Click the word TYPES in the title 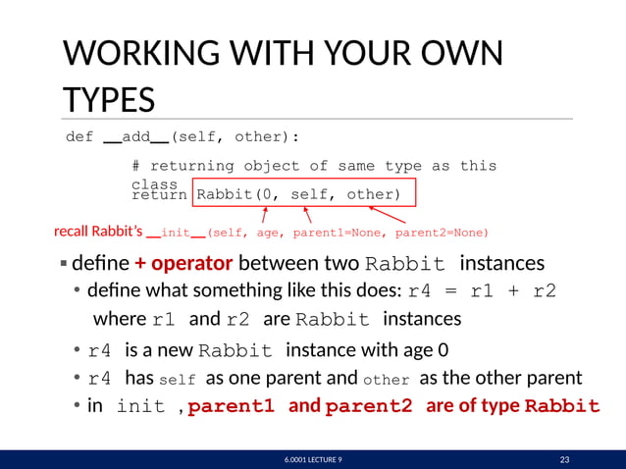pyautogui.click(x=108, y=100)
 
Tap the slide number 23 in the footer pyautogui.click(x=564, y=459)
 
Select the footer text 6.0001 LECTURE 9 pyautogui.click(x=312, y=459)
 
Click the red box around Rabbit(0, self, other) pyautogui.click(x=305, y=194)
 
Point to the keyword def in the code pyautogui.click(x=79, y=137)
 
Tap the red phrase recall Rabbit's pyautogui.click(x=98, y=233)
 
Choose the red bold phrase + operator pyautogui.click(x=183, y=264)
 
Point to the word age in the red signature pyautogui.click(x=268, y=233)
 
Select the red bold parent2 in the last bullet pyautogui.click(x=369, y=406)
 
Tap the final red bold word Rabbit pyautogui.click(x=562, y=406)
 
